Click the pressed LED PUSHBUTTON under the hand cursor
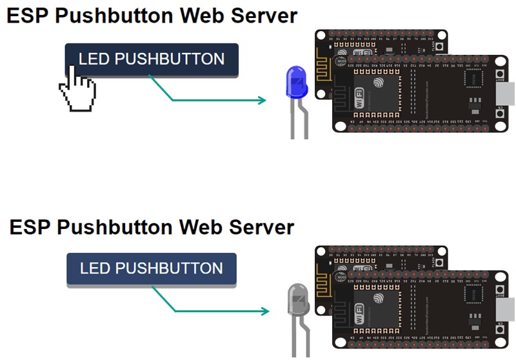click(x=152, y=60)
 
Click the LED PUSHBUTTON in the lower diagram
click(x=152, y=268)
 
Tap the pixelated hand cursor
click(x=77, y=90)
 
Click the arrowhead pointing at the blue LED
click(x=262, y=100)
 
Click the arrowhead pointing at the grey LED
click(x=264, y=312)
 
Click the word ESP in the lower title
click(x=30, y=227)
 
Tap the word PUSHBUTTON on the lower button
click(x=170, y=268)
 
